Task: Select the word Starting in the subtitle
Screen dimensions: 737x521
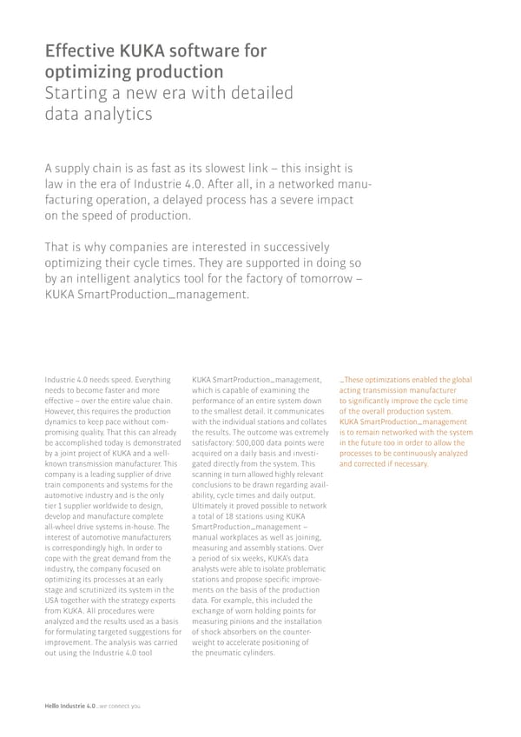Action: coord(79,93)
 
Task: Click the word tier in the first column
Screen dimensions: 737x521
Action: coord(49,506)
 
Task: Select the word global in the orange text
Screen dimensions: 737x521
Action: coord(462,380)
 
